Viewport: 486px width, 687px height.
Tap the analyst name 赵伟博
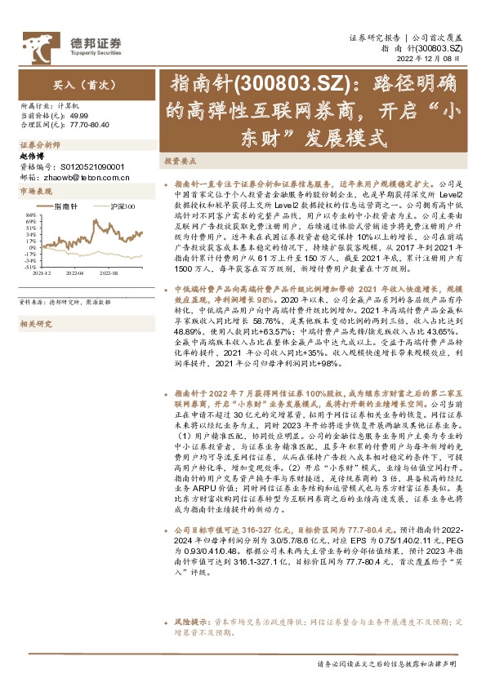point(32,155)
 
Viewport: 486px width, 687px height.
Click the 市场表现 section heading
point(35,191)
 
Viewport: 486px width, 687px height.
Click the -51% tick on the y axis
point(29,266)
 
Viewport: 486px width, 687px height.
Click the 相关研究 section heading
point(35,301)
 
